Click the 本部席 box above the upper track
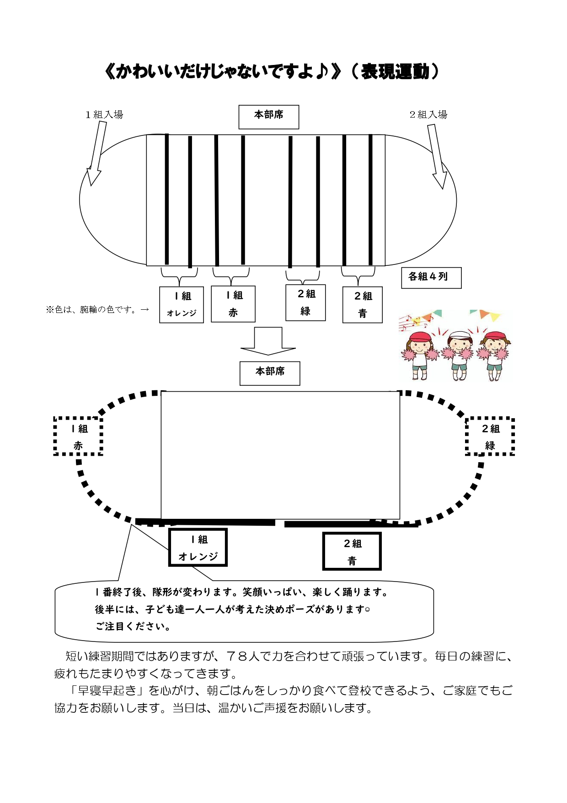point(269,117)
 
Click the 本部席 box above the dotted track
point(270,373)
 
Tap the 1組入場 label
point(104,114)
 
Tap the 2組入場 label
point(428,114)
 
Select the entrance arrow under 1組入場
point(96,153)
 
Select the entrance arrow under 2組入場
point(437,156)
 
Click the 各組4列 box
point(431,278)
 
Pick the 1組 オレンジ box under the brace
point(182,305)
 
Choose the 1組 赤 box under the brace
point(233,304)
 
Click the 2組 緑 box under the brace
point(305,302)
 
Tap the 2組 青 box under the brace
point(363,305)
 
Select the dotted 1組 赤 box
point(78,436)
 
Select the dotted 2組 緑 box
point(490,437)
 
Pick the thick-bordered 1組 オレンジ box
point(198,547)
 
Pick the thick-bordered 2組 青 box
point(352,551)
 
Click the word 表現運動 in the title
point(395,72)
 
